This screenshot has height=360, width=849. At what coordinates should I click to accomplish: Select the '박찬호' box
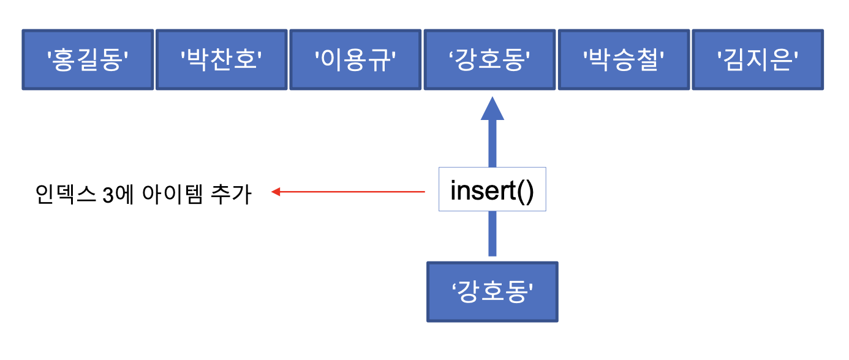tap(221, 60)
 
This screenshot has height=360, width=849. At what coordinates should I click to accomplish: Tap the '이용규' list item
tap(355, 60)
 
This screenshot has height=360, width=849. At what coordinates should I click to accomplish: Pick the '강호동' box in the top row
tap(489, 60)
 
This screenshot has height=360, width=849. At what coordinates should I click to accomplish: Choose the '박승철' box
tap(624, 60)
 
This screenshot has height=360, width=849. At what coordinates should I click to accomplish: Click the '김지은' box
tap(758, 60)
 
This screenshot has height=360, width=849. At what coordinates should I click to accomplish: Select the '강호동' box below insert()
tap(492, 292)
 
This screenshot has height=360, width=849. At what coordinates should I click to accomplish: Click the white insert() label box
tap(492, 190)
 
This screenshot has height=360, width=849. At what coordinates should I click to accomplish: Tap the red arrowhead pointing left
tap(276, 192)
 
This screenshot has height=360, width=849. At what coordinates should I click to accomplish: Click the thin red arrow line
tap(355, 192)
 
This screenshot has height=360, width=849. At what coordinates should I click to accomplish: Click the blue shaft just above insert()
tap(492, 144)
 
